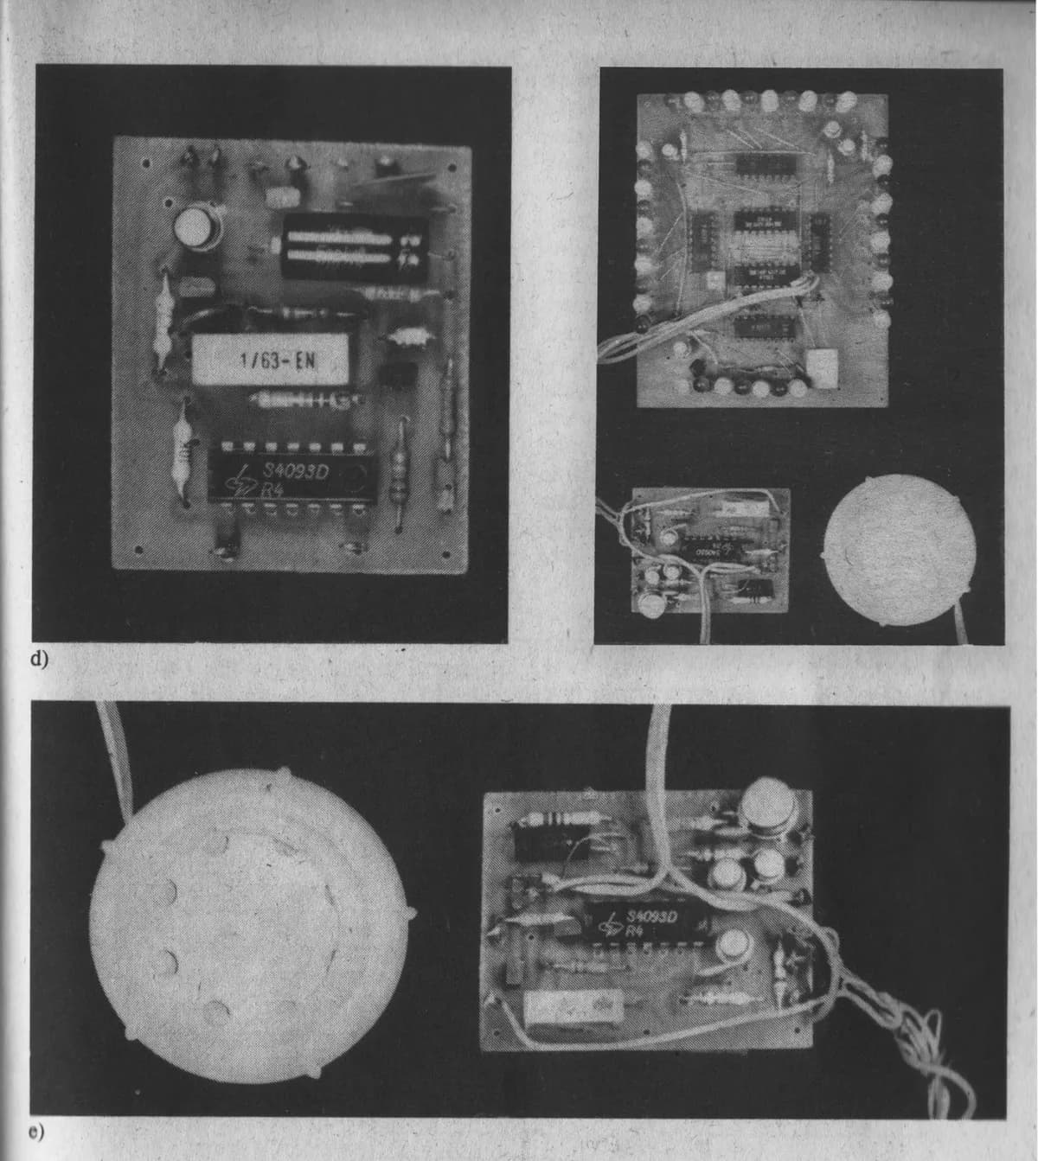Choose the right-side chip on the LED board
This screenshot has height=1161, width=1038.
817,238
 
